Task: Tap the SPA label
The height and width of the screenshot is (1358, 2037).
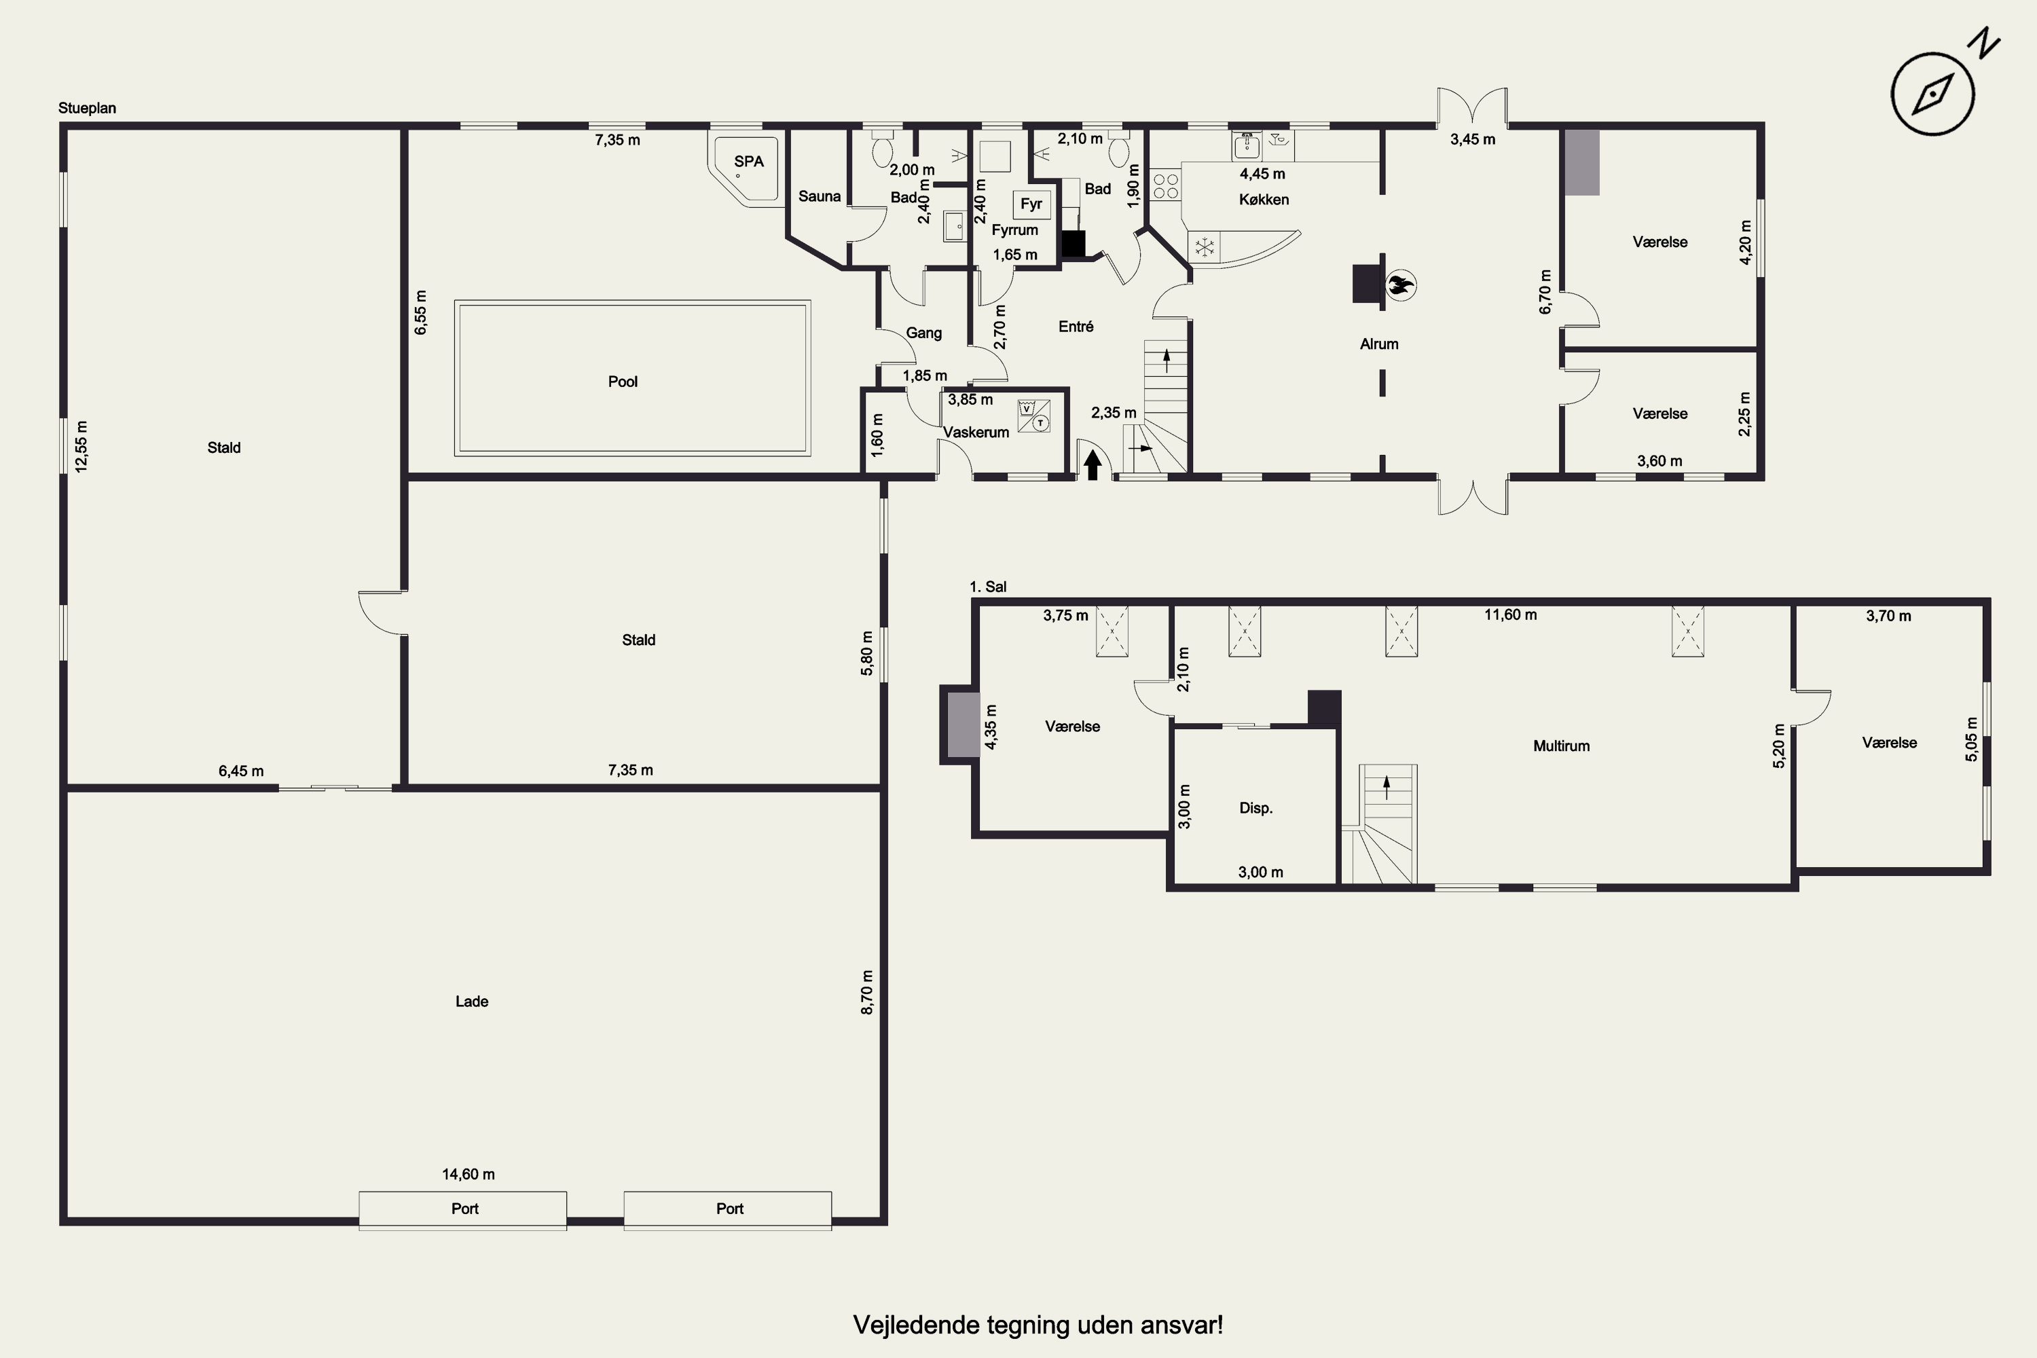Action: click(x=748, y=161)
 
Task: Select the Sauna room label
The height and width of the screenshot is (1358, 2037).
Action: click(x=820, y=197)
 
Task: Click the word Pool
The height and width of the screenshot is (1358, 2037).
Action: click(x=623, y=382)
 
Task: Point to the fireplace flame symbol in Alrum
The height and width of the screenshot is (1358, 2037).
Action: click(x=1399, y=284)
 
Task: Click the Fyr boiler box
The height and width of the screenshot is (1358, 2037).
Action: click(x=1031, y=204)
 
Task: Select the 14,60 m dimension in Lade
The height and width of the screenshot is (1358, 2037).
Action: click(x=469, y=1175)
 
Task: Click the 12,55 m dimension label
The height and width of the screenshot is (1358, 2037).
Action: click(x=81, y=446)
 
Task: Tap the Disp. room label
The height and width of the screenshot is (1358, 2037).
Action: click(x=1255, y=808)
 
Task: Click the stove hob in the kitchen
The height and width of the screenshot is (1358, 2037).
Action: click(x=1166, y=185)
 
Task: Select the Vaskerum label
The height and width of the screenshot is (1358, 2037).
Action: click(x=976, y=432)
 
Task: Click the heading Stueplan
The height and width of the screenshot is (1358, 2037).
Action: click(x=87, y=108)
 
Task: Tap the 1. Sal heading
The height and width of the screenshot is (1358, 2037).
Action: click(x=987, y=587)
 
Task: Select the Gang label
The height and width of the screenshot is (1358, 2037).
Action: click(x=923, y=333)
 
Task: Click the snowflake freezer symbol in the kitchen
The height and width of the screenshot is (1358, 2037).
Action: click(x=1204, y=248)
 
